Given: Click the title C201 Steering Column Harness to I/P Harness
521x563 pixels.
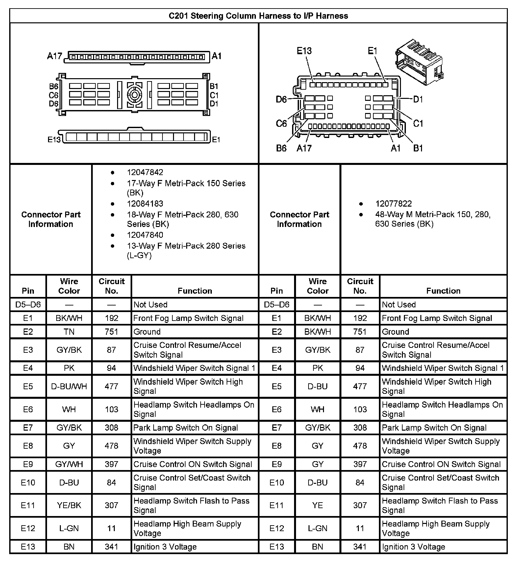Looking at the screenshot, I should (x=258, y=16).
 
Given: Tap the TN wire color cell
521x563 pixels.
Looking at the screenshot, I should (x=69, y=332).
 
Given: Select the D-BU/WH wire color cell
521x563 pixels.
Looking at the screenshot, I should (x=69, y=386).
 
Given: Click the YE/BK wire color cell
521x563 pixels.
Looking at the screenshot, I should (x=69, y=505).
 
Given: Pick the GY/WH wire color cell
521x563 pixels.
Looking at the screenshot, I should (x=69, y=464).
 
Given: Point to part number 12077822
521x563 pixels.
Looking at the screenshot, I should (x=393, y=204).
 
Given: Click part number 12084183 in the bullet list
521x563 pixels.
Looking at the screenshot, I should (x=145, y=204).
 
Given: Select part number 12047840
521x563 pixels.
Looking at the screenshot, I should (x=145, y=235).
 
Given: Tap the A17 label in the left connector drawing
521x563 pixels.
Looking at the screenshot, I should (x=54, y=56).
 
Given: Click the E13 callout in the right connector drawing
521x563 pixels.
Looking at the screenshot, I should (x=304, y=51).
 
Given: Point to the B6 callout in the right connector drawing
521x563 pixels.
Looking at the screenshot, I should (x=281, y=148).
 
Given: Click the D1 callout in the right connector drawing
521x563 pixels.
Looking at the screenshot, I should (x=418, y=99).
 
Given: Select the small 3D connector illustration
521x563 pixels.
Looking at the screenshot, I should (x=418, y=63).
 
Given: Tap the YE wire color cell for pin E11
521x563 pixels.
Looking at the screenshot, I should (x=318, y=505).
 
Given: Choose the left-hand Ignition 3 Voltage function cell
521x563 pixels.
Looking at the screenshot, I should (x=165, y=547).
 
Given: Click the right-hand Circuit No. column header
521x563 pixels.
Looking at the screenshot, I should (x=360, y=286).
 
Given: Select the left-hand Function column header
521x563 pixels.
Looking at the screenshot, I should (x=195, y=291).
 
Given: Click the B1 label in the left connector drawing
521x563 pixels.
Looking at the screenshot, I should (x=214, y=86).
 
